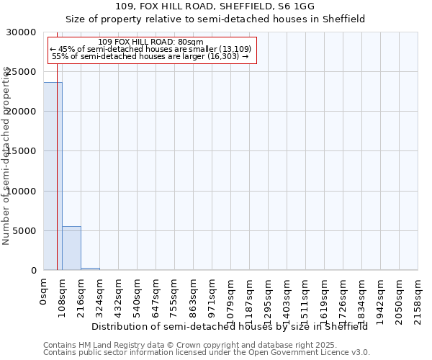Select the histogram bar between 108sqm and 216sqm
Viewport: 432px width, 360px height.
tap(71, 248)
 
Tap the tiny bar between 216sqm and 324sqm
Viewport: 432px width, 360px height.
tap(90, 269)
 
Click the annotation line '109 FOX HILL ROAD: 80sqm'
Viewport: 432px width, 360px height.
tap(150, 42)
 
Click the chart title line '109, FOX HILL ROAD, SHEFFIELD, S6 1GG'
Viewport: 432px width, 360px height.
tap(215, 7)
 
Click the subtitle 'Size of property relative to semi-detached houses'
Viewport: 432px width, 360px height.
tap(215, 19)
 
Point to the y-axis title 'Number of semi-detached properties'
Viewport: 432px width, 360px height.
tap(6, 156)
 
